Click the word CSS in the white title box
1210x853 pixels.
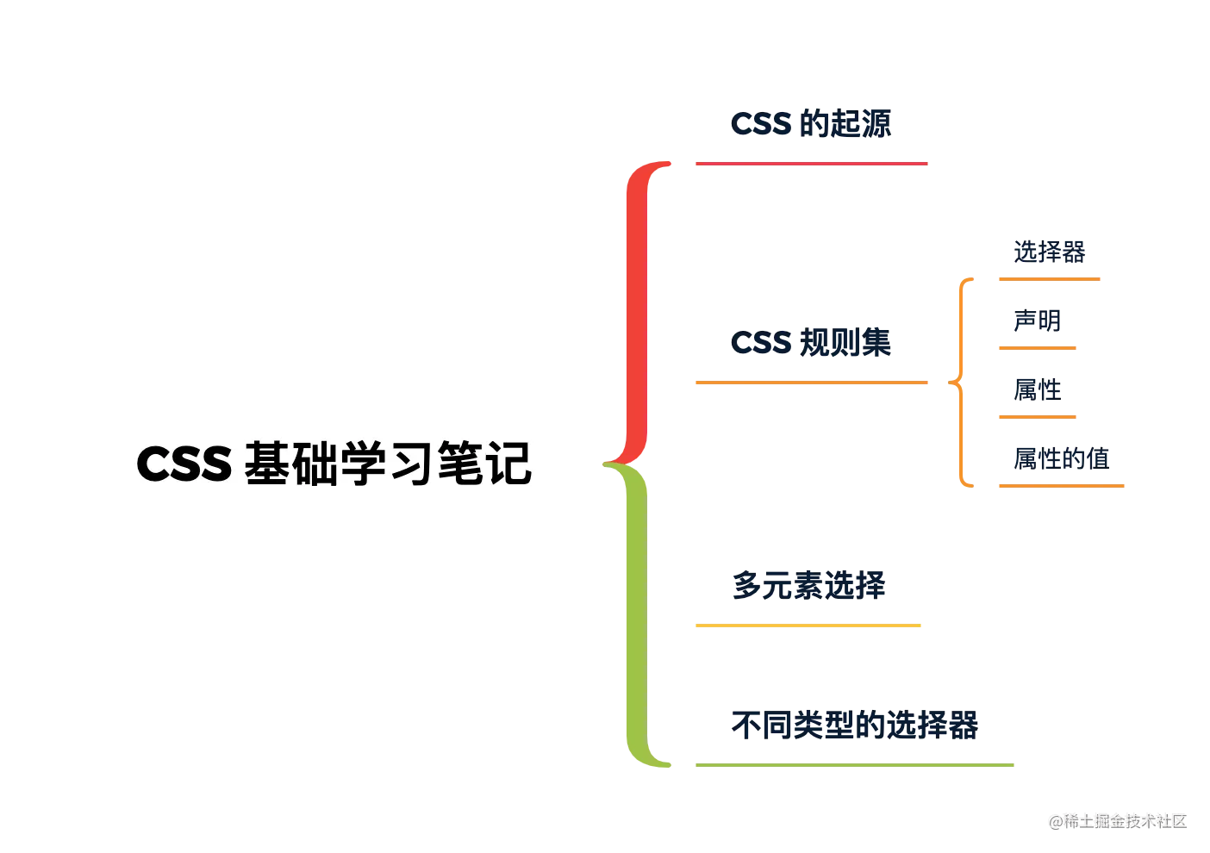184,465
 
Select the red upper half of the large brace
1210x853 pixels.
635,310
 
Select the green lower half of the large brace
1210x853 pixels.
635,616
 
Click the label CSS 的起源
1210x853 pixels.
812,124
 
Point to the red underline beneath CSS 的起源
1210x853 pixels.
810,162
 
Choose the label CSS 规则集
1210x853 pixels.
812,344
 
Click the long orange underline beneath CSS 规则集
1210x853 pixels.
810,383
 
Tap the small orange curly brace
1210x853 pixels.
964,383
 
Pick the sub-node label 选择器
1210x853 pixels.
1049,252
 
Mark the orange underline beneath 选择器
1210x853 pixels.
1047,279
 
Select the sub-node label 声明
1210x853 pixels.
1037,321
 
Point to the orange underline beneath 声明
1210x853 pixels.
1037,348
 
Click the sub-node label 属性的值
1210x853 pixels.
1061,458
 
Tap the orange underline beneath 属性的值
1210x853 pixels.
1061,486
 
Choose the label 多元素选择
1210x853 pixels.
808,585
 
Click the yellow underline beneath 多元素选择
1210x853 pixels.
807,624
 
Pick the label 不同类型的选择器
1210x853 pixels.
854,725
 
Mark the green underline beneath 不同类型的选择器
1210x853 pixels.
855,765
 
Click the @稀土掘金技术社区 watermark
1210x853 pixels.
1117,819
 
